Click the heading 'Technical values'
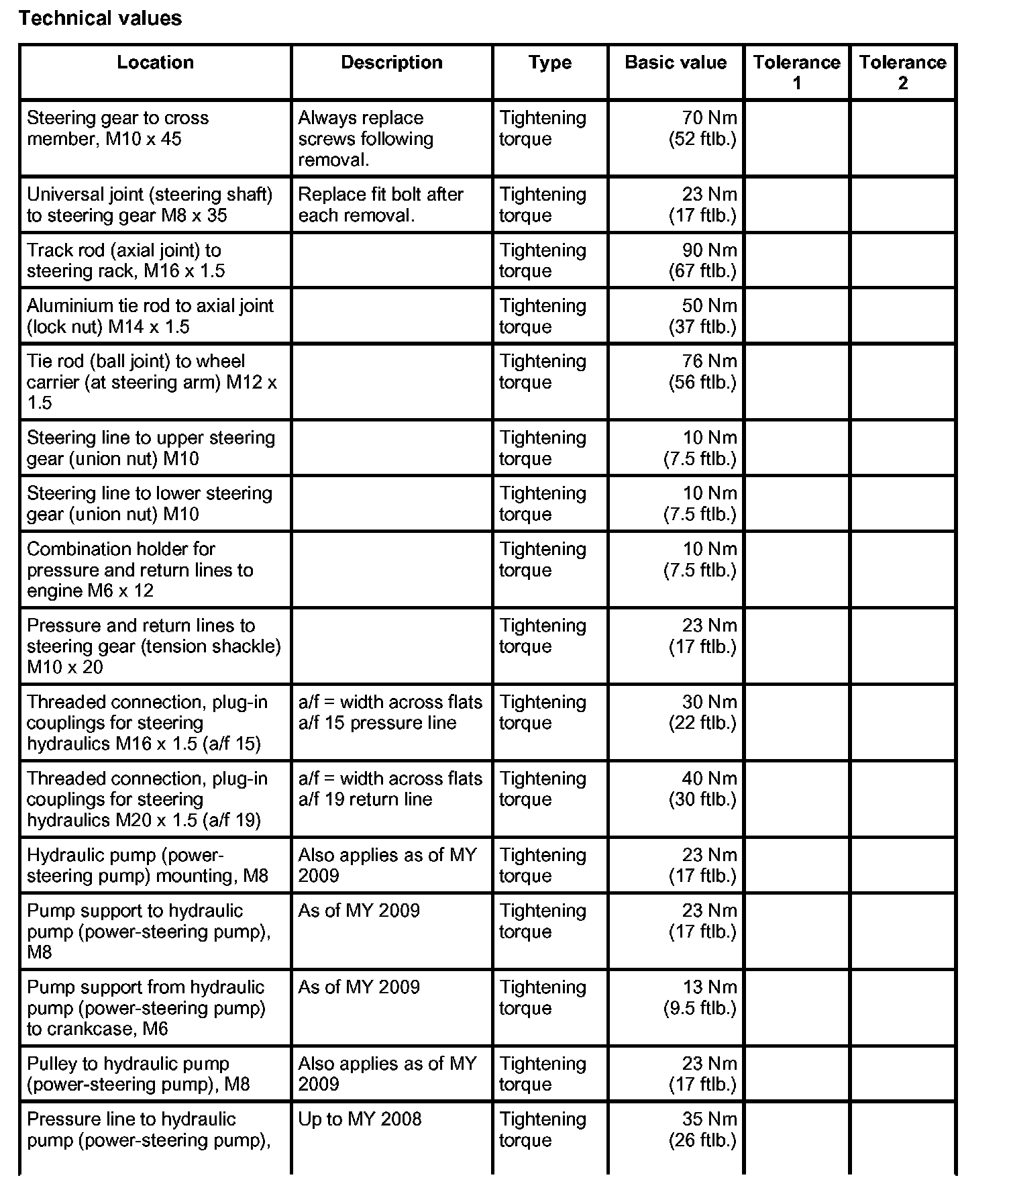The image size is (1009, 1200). coord(101,18)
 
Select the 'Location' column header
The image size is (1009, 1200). coord(155,62)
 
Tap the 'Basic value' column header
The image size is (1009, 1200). coord(676,62)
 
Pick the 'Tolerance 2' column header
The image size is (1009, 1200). coord(902,72)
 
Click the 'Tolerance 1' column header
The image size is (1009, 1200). coord(796,72)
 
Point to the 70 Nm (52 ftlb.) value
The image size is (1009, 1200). coord(702,128)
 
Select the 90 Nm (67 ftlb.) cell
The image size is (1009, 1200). coord(702,260)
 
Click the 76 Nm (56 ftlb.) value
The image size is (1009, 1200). coord(702,372)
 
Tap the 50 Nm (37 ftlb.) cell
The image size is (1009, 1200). coord(702,316)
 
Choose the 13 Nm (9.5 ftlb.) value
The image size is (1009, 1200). coord(700,997)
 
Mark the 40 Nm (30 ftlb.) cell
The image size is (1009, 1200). coord(702,789)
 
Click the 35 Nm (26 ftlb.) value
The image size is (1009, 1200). coord(702,1130)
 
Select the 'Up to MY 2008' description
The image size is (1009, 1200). coord(360,1119)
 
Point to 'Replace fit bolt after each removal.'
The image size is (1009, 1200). coord(380,205)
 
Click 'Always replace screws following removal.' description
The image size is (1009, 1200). coord(366,139)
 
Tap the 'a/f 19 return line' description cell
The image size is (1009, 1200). coord(390,789)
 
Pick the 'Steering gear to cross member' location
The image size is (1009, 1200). coord(118,128)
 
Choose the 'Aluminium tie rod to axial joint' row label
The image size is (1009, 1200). coord(150,316)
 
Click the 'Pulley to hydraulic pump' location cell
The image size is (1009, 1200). coord(138,1074)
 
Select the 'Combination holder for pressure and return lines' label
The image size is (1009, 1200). coord(140,570)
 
